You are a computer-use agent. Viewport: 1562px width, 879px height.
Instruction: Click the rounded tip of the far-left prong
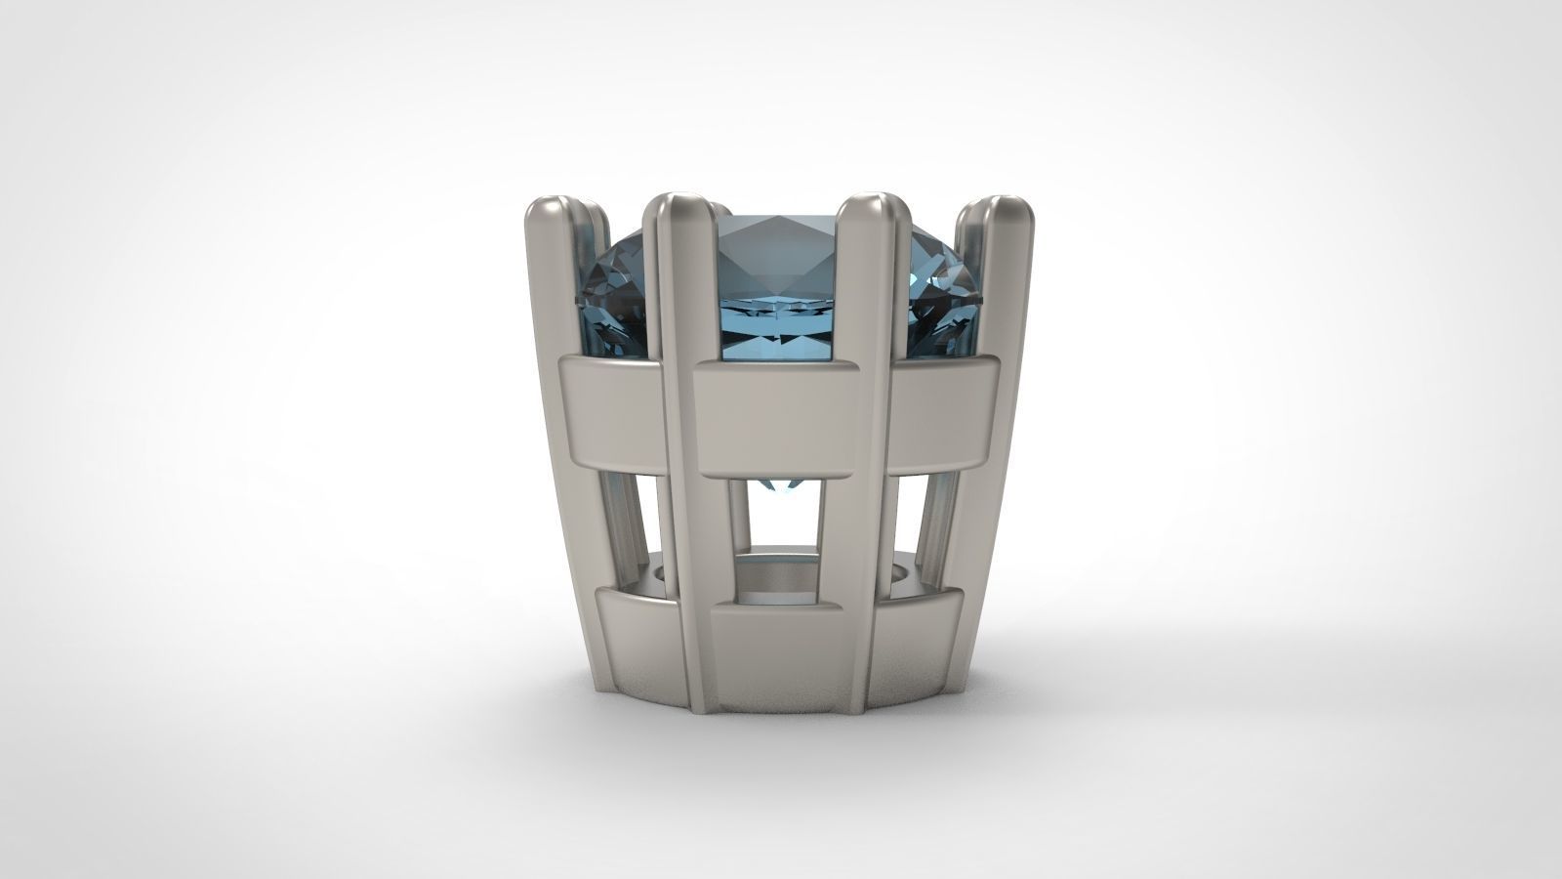546,208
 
